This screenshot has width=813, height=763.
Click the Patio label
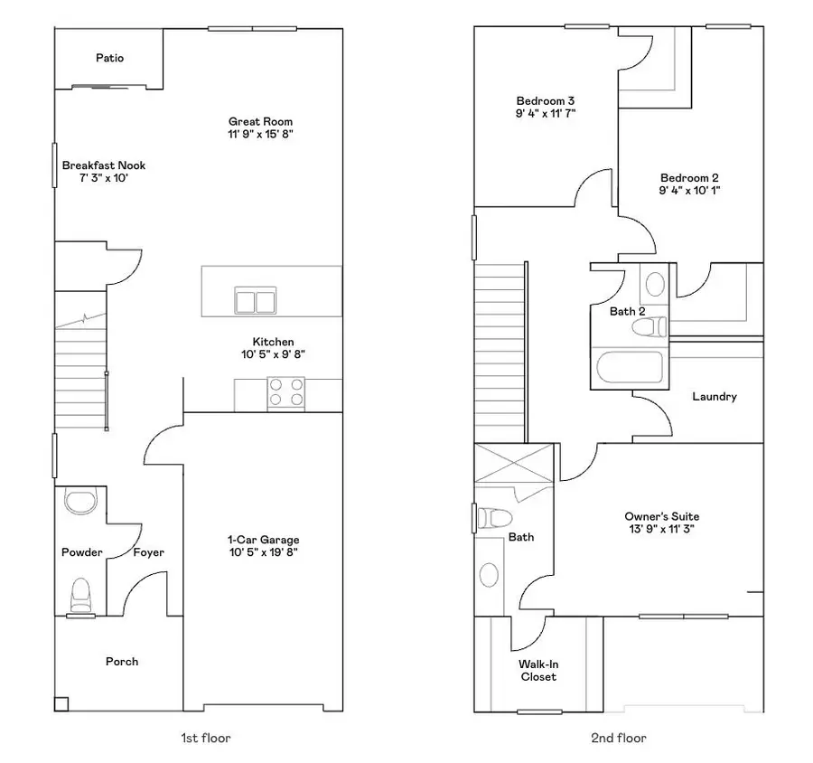(110, 58)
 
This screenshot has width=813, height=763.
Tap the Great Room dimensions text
(260, 134)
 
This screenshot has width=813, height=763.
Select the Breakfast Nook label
(103, 165)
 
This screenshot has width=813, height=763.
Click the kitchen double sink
(255, 299)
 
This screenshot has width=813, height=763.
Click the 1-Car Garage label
(263, 540)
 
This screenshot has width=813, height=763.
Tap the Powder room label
(82, 552)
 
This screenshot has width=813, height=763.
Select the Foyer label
(149, 552)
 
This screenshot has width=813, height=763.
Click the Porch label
(122, 662)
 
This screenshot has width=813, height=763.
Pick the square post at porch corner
(61, 702)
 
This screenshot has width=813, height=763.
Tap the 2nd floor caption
(619, 739)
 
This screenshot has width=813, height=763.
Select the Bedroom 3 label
(546, 100)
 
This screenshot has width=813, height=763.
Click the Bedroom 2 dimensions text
(689, 191)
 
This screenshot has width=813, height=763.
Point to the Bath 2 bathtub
(630, 368)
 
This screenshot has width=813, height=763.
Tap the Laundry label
(714, 396)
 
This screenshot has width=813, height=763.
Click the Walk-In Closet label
(537, 670)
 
